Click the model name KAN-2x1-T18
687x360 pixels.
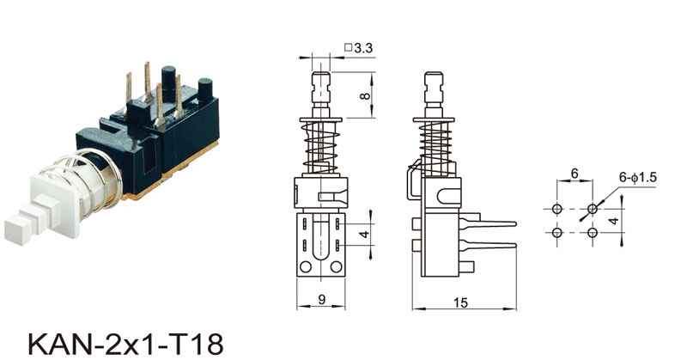125,344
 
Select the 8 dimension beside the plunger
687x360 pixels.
366,95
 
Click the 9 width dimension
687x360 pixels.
322,299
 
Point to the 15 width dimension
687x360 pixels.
460,302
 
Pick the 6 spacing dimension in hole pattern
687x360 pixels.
575,174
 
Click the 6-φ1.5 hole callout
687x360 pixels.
637,177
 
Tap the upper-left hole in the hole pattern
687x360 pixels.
556,209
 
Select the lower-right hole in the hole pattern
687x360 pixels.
593,232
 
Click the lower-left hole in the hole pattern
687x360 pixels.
556,232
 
